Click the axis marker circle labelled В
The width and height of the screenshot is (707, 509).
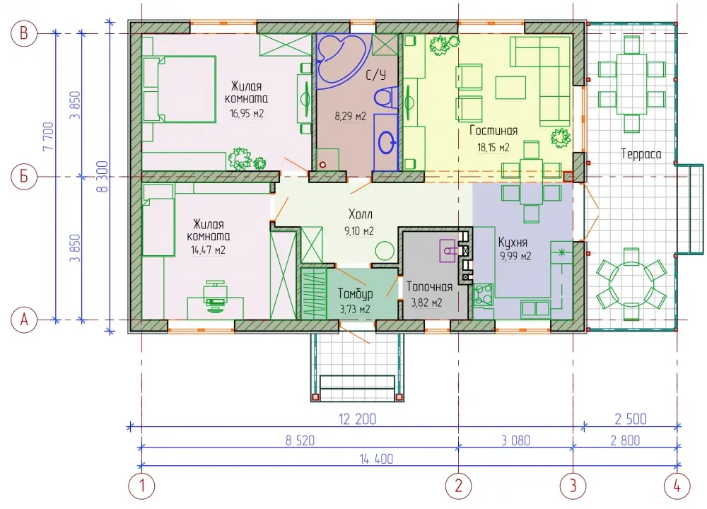pyautogui.click(x=24, y=33)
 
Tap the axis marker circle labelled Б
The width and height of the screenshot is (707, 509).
pyautogui.click(x=24, y=176)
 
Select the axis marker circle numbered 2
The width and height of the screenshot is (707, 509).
pyautogui.click(x=459, y=486)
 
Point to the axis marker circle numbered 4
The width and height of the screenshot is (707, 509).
pyautogui.click(x=677, y=486)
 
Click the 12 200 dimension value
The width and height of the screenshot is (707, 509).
pyautogui.click(x=357, y=419)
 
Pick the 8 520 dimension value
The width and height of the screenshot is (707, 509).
pyautogui.click(x=300, y=440)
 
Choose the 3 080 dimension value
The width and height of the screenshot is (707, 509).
pyautogui.click(x=516, y=440)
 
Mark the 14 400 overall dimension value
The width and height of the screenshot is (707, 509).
pyautogui.click(x=376, y=459)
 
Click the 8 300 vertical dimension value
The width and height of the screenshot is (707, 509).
pyautogui.click(x=103, y=176)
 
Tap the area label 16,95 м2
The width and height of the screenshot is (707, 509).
pyautogui.click(x=247, y=113)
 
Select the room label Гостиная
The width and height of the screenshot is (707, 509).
pyautogui.click(x=493, y=131)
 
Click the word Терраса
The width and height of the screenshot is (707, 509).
pyautogui.click(x=641, y=154)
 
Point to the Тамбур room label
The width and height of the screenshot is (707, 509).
pyautogui.click(x=356, y=294)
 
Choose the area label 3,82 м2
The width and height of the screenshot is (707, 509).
pyautogui.click(x=426, y=303)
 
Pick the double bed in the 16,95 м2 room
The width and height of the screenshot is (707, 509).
pyautogui.click(x=179, y=89)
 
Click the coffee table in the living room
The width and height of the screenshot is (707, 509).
pyautogui.click(x=510, y=88)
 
